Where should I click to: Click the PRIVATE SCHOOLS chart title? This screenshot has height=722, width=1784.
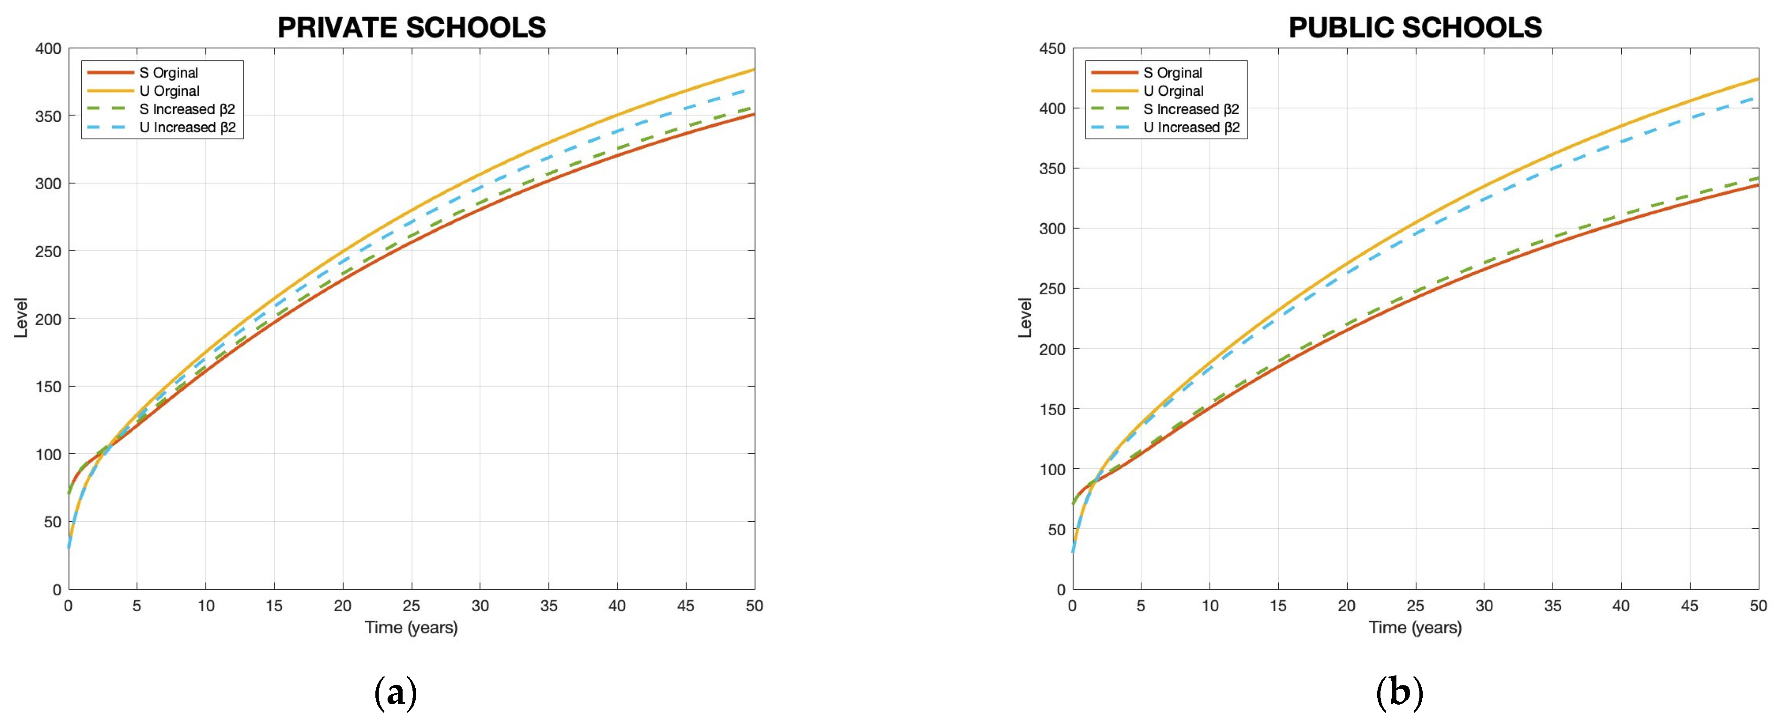pyautogui.click(x=412, y=28)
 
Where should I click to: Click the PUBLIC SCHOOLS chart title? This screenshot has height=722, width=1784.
pyautogui.click(x=1415, y=28)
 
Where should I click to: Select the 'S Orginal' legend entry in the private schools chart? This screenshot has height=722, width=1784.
pyautogui.click(x=168, y=73)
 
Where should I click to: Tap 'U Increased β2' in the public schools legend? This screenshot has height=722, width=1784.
pyautogui.click(x=1191, y=128)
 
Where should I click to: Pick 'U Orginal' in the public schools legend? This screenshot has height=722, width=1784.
pyautogui.click(x=1173, y=91)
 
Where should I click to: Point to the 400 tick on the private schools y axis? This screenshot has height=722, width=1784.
pyautogui.click(x=48, y=48)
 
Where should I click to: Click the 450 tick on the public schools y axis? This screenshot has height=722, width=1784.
pyautogui.click(x=1052, y=48)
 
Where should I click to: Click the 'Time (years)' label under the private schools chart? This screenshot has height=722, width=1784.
pyautogui.click(x=412, y=628)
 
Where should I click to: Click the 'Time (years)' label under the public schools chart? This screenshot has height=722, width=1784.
pyautogui.click(x=1415, y=628)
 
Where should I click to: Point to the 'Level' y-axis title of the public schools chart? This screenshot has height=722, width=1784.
pyautogui.click(x=1024, y=318)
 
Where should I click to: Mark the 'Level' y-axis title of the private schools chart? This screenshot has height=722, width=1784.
pyautogui.click(x=21, y=318)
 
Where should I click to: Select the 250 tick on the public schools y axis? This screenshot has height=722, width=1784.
pyautogui.click(x=1052, y=289)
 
